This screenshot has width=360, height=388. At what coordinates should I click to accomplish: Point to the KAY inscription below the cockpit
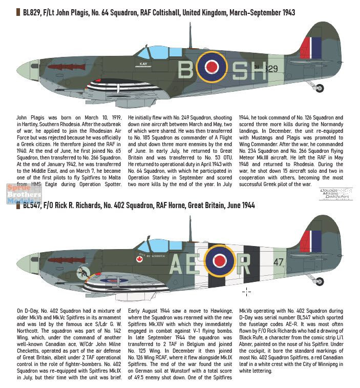(143, 64)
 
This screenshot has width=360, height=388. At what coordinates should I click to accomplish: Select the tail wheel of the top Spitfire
(320, 88)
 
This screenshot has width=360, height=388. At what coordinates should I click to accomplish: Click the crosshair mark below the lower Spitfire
(246, 292)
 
